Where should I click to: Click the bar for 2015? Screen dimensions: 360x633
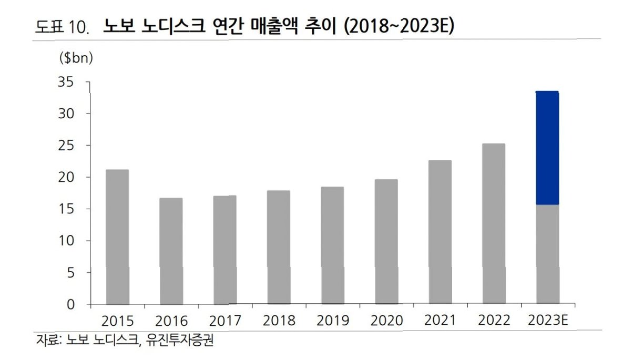click(117, 236)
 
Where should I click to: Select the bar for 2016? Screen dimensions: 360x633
click(171, 251)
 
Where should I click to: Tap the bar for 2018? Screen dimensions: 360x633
click(278, 247)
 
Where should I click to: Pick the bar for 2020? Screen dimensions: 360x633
click(386, 242)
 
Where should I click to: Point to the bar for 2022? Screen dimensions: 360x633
click(494, 224)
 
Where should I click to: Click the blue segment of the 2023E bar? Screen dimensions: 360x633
click(547, 148)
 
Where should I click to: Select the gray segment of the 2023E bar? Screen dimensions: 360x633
click(547, 254)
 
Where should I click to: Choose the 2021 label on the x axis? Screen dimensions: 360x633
click(440, 321)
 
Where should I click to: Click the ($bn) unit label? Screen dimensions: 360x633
click(75, 58)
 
